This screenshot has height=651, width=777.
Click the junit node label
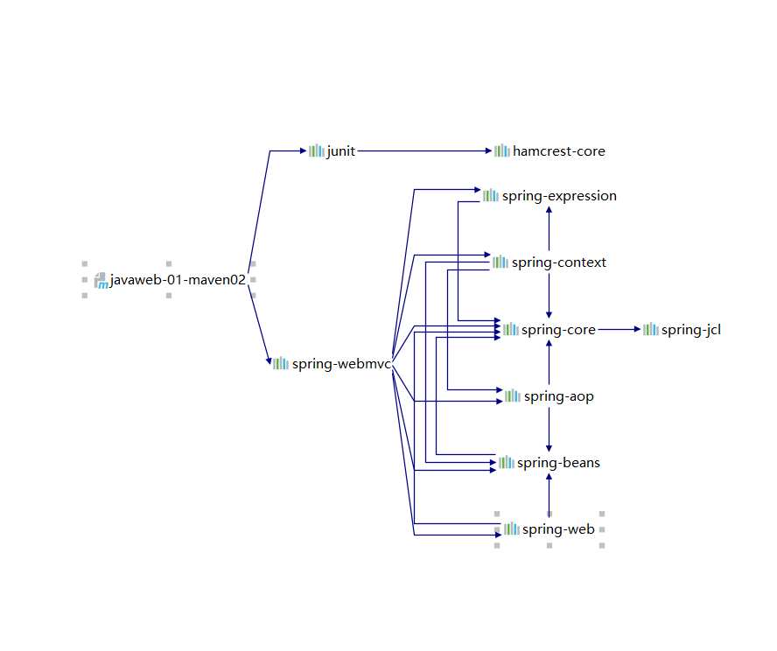[x=341, y=151]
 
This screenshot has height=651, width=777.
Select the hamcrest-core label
[x=559, y=151]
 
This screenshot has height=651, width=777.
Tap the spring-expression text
[x=559, y=196]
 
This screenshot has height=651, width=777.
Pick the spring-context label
[x=559, y=262]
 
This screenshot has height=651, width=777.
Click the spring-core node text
[x=558, y=330]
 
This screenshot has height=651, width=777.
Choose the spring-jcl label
[x=691, y=330]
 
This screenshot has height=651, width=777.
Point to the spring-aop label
[x=559, y=396]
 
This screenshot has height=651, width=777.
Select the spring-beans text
[x=558, y=463]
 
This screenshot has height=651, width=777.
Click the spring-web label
[x=558, y=529]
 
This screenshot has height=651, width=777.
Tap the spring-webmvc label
[x=341, y=364]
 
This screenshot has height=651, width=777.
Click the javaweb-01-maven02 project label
[x=178, y=280]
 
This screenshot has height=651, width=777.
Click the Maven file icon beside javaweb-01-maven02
[x=101, y=280]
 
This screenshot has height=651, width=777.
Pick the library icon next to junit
[x=316, y=151]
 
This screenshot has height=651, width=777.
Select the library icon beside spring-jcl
[x=651, y=330]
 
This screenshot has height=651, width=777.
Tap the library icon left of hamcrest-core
[x=502, y=151]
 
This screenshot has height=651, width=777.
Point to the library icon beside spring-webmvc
[x=280, y=364]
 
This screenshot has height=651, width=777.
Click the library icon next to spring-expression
[x=491, y=196]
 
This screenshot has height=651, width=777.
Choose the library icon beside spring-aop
[x=512, y=396]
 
